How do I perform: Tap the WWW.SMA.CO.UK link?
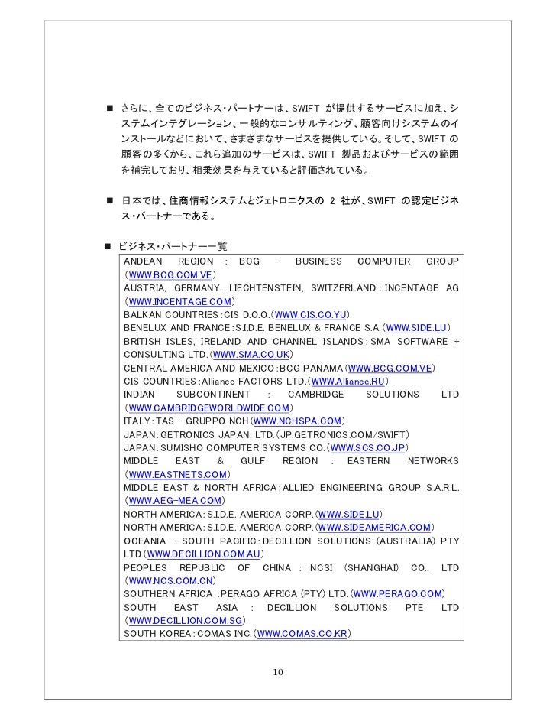[x=252, y=355]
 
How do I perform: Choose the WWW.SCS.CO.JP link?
[x=369, y=447]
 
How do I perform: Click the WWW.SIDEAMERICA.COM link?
[x=374, y=528]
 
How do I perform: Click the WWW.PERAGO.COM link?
[x=398, y=594]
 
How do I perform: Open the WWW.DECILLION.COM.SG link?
[x=177, y=621]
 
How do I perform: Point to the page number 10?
[x=278, y=672]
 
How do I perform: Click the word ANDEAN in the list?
[x=143, y=261]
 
